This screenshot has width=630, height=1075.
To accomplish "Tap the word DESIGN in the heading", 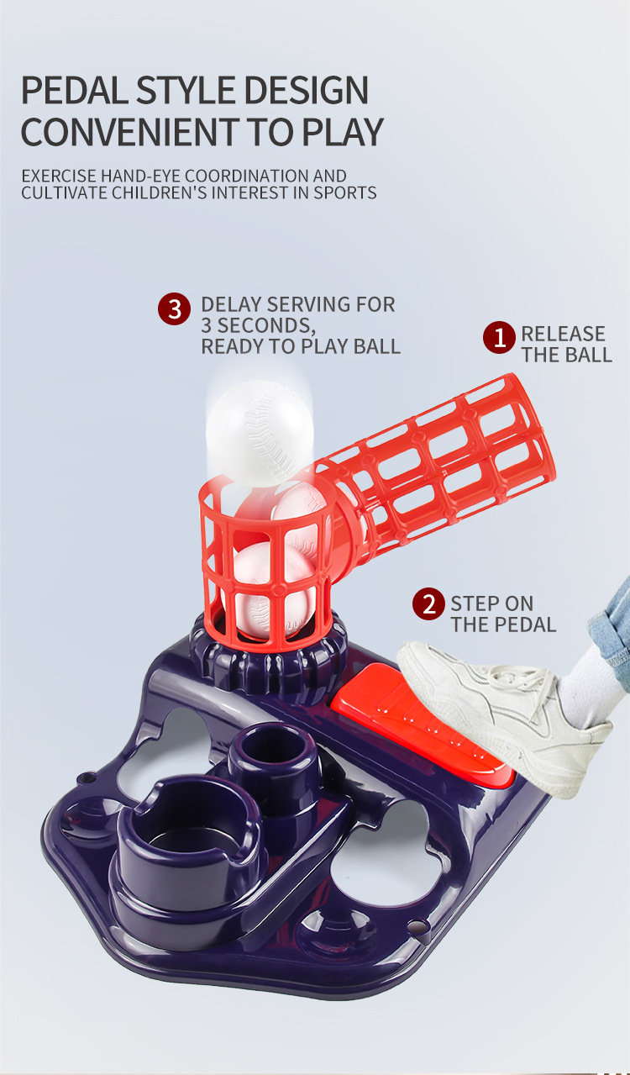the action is pyautogui.click(x=306, y=90).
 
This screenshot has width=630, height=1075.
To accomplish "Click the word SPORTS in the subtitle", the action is pyautogui.click(x=344, y=193).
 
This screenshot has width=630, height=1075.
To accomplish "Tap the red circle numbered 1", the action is pyautogui.click(x=499, y=337).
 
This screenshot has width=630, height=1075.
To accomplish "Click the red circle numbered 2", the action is pyautogui.click(x=428, y=603).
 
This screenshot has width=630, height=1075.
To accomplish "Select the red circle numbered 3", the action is pyautogui.click(x=174, y=308).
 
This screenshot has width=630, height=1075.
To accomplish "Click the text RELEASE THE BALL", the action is pyautogui.click(x=566, y=344).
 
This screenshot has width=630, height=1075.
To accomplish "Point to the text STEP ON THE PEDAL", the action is pyautogui.click(x=503, y=614).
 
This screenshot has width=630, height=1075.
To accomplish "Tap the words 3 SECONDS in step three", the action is pyautogui.click(x=258, y=325).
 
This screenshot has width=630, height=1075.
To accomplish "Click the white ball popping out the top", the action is pyautogui.click(x=260, y=432).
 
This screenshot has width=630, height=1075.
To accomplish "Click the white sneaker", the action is pyautogui.click(x=503, y=715).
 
